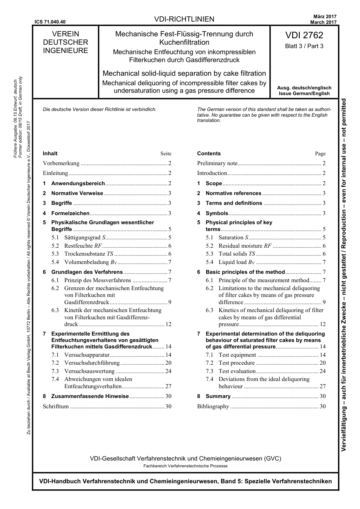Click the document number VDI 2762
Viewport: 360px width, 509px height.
click(x=304, y=35)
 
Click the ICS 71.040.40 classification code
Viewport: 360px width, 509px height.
click(x=50, y=22)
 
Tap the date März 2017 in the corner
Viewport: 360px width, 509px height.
click(x=325, y=17)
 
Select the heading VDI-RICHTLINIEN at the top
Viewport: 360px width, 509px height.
click(x=184, y=19)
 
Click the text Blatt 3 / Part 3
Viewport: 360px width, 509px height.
click(x=304, y=46)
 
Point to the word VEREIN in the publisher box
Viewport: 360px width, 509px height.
click(x=65, y=34)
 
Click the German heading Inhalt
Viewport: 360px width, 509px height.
click(x=50, y=153)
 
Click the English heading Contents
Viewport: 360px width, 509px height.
click(x=209, y=153)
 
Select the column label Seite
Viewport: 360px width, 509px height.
click(x=166, y=154)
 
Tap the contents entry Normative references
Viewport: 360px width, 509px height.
click(x=233, y=193)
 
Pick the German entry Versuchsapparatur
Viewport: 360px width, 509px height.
click(x=87, y=355)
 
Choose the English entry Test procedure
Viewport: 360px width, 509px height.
click(x=236, y=363)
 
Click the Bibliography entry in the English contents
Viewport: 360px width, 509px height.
click(x=213, y=406)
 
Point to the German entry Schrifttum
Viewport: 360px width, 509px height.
click(x=56, y=406)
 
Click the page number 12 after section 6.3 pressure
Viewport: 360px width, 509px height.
click(x=322, y=324)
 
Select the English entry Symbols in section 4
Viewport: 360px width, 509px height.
click(x=217, y=213)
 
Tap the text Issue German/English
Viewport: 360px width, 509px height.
click(x=304, y=94)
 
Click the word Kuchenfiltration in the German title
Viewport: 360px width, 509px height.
click(x=184, y=42)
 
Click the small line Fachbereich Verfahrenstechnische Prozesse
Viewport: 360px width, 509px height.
click(x=185, y=466)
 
